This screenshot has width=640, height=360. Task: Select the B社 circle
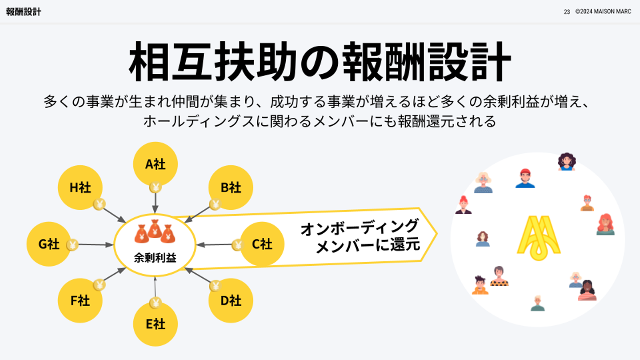(x=231, y=187)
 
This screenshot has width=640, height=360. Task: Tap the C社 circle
(x=263, y=244)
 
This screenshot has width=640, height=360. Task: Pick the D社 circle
(x=231, y=300)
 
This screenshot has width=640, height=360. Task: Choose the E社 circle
(x=155, y=324)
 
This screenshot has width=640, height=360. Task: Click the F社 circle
(x=80, y=300)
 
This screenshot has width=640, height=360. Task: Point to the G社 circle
(x=48, y=244)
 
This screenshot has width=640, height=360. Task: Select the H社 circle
(x=80, y=187)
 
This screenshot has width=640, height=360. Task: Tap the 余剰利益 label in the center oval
(x=155, y=257)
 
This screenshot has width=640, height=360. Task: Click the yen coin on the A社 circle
(x=155, y=187)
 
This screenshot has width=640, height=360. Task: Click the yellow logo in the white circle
(x=539, y=238)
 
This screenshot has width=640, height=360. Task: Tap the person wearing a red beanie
(x=525, y=178)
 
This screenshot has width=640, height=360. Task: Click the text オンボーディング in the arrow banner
(x=360, y=227)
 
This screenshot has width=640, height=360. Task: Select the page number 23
(x=567, y=12)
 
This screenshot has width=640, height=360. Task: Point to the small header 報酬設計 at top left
(x=24, y=12)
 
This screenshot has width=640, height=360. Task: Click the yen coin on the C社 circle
(x=238, y=244)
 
